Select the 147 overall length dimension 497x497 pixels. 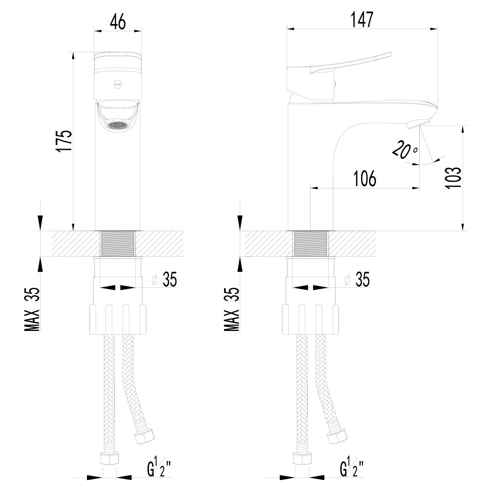[x=362, y=19]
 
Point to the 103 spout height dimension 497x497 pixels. [x=453, y=178]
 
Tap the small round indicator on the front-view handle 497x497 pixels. [x=118, y=84]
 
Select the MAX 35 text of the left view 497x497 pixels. [x=32, y=309]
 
